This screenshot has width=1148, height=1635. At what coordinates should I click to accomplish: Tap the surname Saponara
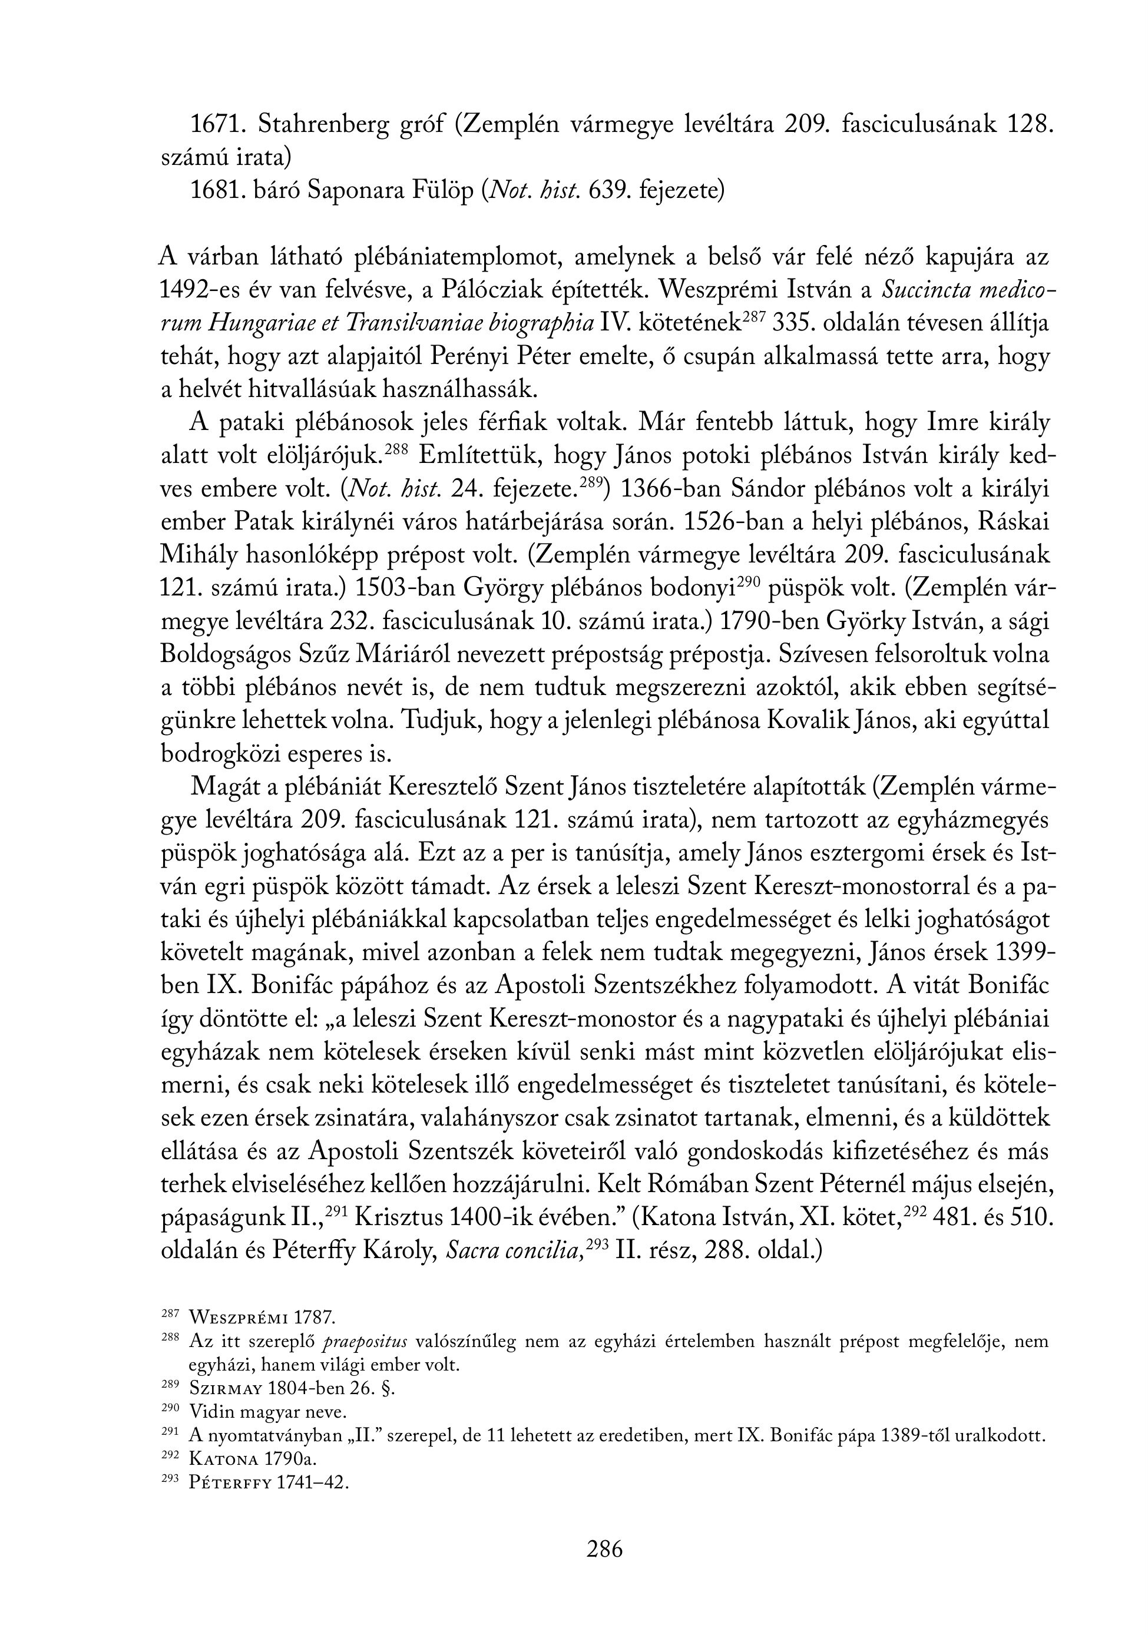pyautogui.click(x=355, y=191)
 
